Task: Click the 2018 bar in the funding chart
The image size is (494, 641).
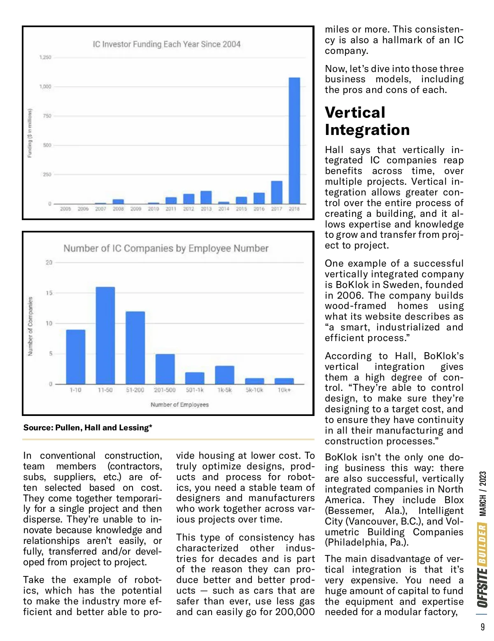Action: [x=294, y=141]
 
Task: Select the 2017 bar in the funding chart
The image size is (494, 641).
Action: [x=277, y=193]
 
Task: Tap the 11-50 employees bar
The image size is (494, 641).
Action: [x=105, y=335]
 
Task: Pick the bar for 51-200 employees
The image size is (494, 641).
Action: [x=135, y=348]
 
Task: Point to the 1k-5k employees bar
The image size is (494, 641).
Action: [x=224, y=375]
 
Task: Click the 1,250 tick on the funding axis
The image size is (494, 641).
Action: [x=45, y=57]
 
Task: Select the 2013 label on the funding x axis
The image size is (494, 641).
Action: [x=206, y=209]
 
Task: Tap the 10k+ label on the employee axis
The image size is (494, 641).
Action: [x=284, y=390]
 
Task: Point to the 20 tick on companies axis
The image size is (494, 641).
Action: [x=49, y=262]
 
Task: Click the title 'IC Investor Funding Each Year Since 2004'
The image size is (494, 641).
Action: [x=166, y=44]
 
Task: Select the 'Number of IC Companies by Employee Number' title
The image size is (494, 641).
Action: [x=166, y=249]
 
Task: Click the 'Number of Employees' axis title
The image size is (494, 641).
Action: [x=179, y=405]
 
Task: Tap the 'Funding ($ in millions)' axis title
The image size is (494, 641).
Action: [x=30, y=133]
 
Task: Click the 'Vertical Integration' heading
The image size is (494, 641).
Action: [x=367, y=121]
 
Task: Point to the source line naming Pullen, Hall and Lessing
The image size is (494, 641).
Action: [x=88, y=427]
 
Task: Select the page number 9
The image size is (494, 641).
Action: [x=482, y=627]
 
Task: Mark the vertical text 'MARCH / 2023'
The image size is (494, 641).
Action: [x=482, y=494]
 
